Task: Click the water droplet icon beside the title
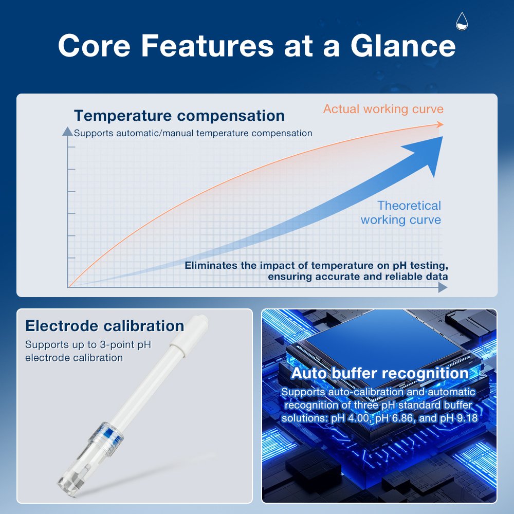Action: coord(462,21)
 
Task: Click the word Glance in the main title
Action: coord(403,46)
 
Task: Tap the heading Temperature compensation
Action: coord(179,115)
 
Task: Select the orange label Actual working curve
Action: coord(383,109)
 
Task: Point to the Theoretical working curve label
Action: coord(401,212)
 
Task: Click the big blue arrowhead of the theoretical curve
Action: coord(426,154)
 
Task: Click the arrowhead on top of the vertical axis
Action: coord(67,131)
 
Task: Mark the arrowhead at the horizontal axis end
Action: coord(443,287)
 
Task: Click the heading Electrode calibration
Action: coord(104,326)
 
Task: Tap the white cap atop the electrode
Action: coord(190,331)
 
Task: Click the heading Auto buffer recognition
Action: coord(380,373)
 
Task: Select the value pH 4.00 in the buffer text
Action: coord(351,418)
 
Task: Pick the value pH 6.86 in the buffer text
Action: coord(395,418)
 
